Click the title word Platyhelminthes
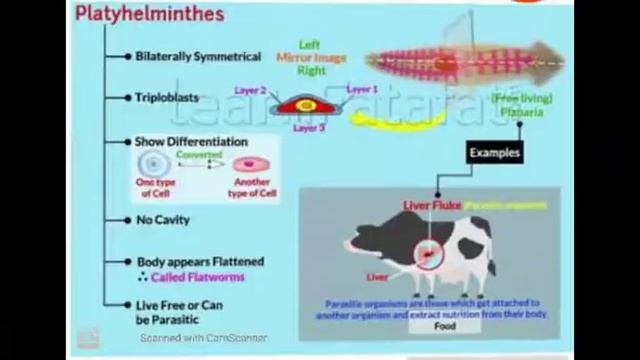coord(149,14)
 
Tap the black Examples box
coord(494,152)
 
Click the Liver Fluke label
coord(432,205)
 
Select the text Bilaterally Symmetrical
coord(198,57)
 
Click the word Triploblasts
coord(167,98)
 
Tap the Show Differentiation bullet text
coord(191,142)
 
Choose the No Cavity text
coord(163,220)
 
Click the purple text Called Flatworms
coord(207,277)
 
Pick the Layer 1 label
coord(361,90)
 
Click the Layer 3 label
coord(309,128)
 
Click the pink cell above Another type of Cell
coord(244,165)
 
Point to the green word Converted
coord(199,155)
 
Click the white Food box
coord(445,326)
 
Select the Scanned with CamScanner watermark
coord(203,338)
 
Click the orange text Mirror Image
coord(311,58)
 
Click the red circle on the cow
coord(429,255)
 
